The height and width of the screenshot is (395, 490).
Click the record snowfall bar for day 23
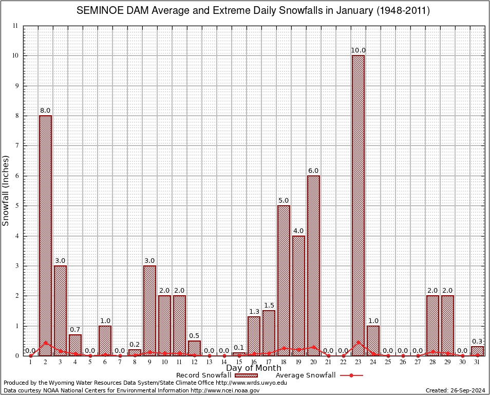(x=358, y=206)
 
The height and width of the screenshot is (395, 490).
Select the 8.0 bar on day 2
(x=45, y=236)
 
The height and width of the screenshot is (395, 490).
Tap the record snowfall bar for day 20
(x=313, y=265)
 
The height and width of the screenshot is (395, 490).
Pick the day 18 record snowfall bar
(x=284, y=280)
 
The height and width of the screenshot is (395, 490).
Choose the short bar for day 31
(x=477, y=351)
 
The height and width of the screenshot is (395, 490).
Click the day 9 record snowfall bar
(x=149, y=311)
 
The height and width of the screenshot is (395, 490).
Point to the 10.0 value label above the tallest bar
(x=358, y=50)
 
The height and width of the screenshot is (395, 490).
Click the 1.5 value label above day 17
(x=269, y=306)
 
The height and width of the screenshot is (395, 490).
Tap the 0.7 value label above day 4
(x=75, y=330)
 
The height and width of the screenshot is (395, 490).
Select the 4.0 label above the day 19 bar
(x=298, y=230)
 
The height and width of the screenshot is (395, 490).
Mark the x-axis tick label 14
(x=224, y=363)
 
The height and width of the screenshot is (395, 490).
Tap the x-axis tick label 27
(x=418, y=363)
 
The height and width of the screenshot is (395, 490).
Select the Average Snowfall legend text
(x=306, y=375)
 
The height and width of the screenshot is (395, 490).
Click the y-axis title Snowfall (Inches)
(x=6, y=190)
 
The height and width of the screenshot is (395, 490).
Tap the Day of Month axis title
(x=253, y=368)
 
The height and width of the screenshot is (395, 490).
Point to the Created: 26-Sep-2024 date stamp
(x=455, y=390)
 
